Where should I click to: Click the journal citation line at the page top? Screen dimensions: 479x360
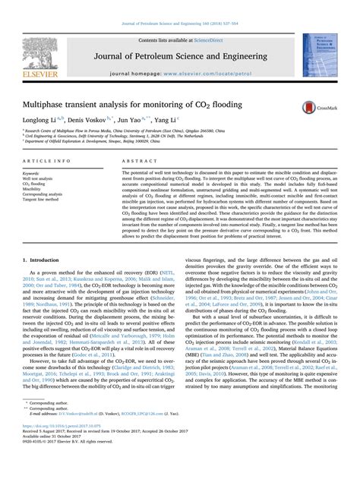point(179,7)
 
